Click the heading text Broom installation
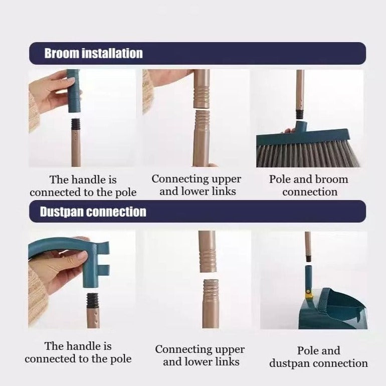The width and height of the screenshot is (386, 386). coord(93,53)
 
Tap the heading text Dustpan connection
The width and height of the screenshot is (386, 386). coord(93,212)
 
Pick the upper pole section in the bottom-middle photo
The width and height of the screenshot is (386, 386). coord(207,251)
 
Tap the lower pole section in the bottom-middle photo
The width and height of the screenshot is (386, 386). coord(211,303)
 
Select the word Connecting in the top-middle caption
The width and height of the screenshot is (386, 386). coord(176,179)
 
